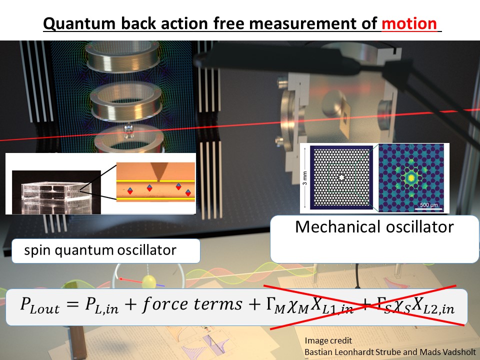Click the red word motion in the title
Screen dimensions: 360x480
(x=412, y=23)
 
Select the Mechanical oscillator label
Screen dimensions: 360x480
(x=374, y=227)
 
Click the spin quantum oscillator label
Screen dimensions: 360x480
(x=100, y=249)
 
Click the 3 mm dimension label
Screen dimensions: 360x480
(x=305, y=177)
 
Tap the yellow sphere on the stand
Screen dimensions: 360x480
(x=149, y=282)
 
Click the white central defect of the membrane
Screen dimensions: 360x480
(x=341, y=177)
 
